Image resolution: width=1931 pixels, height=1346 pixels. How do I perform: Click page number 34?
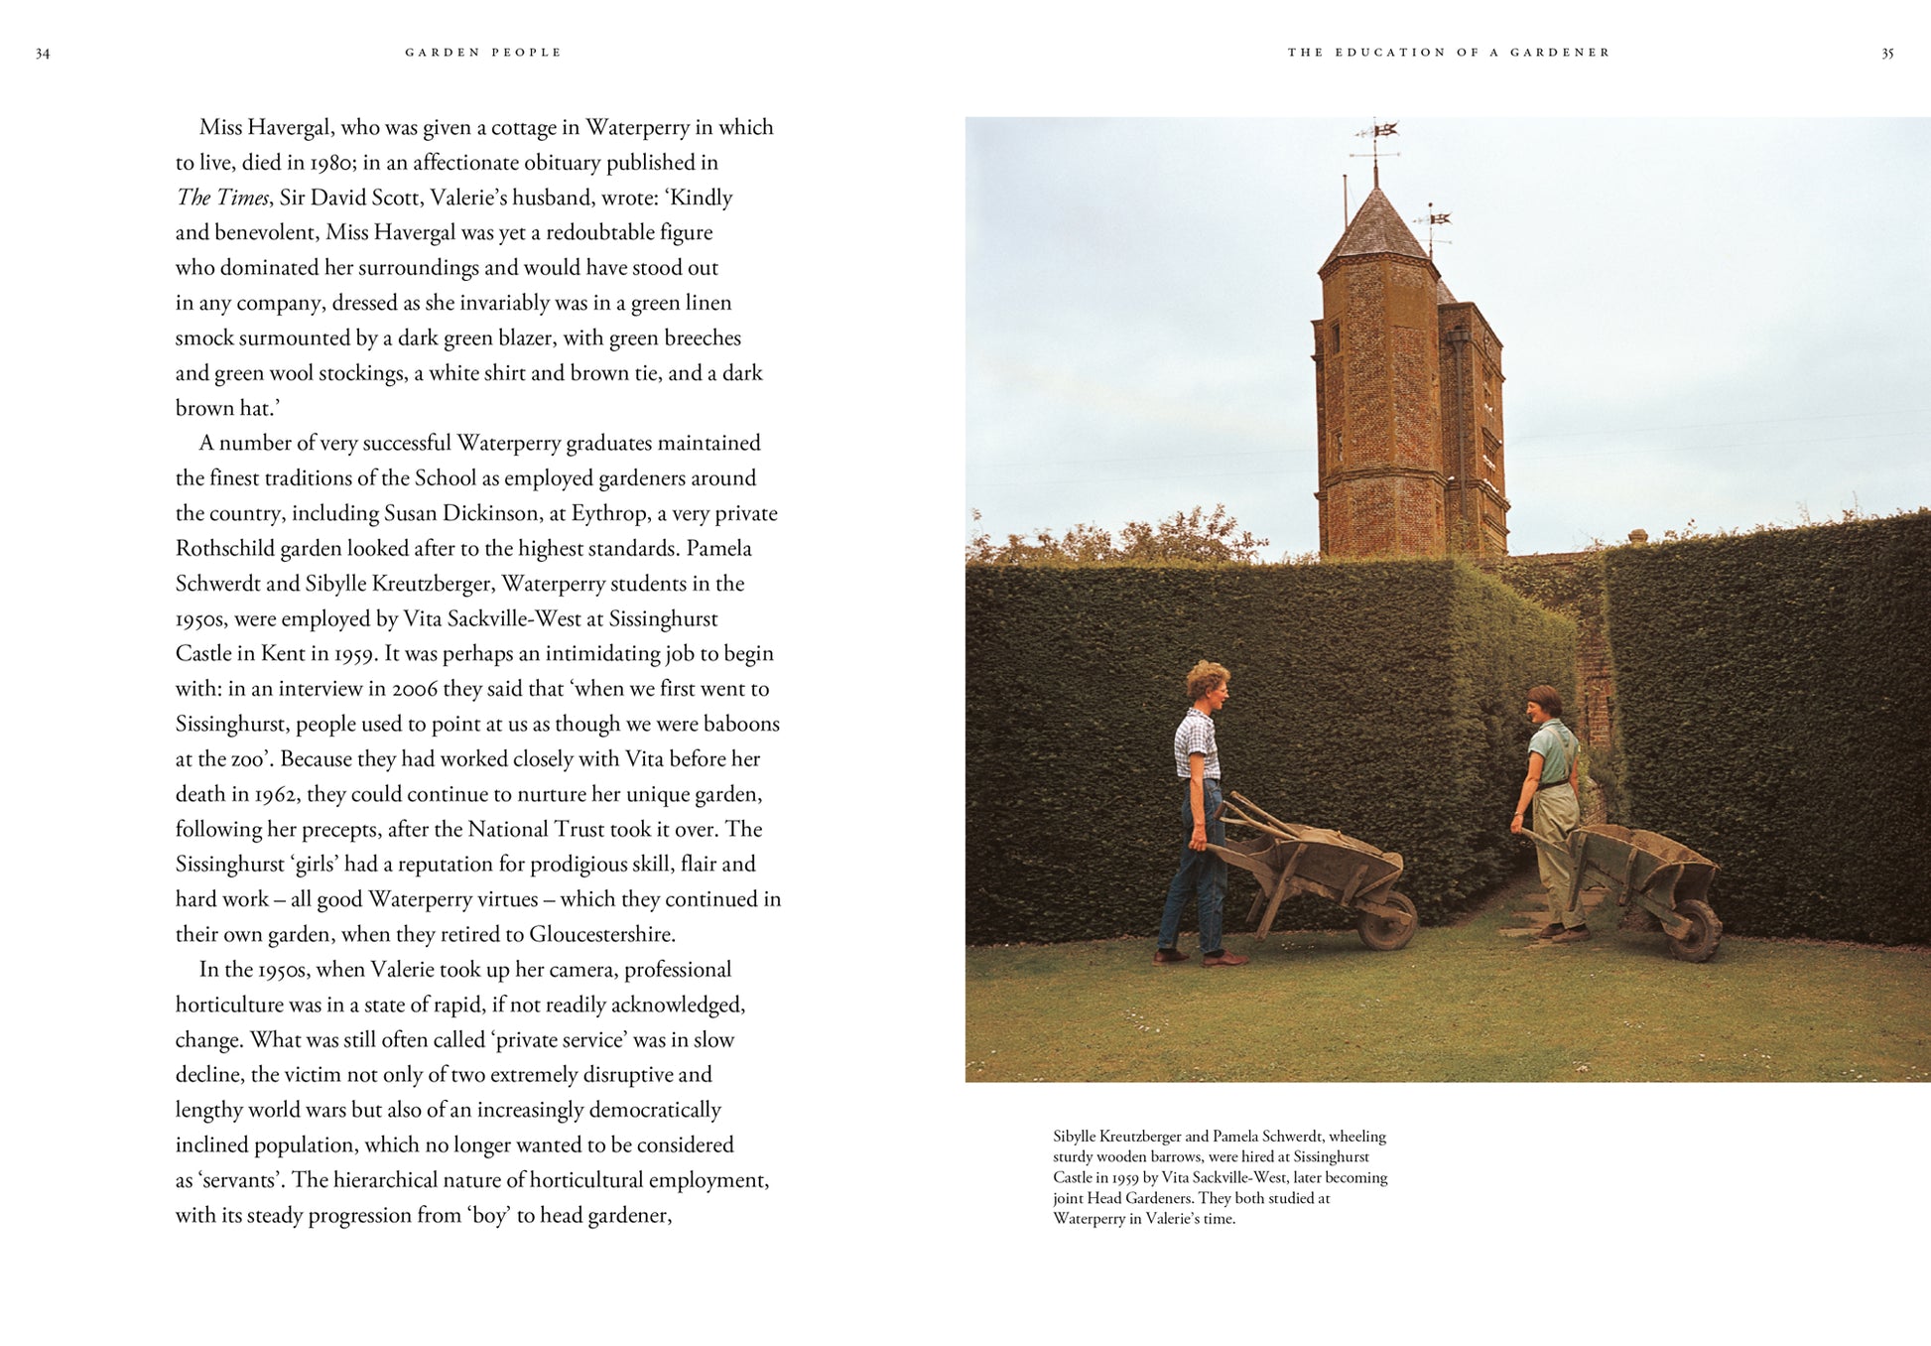[43, 54]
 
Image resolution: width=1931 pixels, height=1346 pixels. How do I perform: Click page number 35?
[1887, 54]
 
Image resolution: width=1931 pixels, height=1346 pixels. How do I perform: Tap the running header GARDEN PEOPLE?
[483, 53]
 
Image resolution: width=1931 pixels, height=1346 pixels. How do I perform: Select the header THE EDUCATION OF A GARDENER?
[1449, 53]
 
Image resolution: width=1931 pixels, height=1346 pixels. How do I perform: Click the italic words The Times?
[222, 198]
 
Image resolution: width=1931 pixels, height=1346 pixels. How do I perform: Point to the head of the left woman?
[1208, 684]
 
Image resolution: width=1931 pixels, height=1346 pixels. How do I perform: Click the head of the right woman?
[1544, 704]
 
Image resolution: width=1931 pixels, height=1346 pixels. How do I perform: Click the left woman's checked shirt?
[1197, 745]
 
